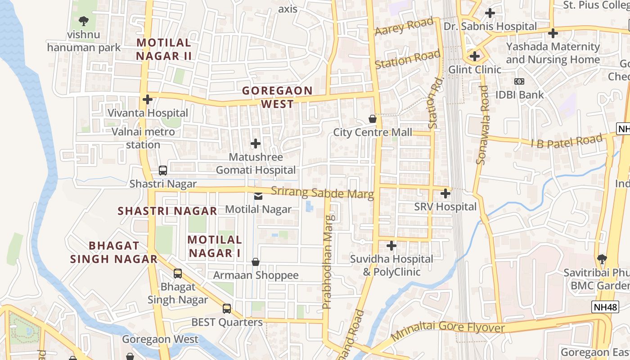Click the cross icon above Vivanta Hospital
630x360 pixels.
[x=147, y=99]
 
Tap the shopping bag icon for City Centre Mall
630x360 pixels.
[x=373, y=119]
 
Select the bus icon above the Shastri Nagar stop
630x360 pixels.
[x=163, y=171]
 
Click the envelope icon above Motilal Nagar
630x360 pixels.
[x=258, y=196]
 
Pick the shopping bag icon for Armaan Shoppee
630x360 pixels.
[x=256, y=262]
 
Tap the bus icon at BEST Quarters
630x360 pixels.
[x=227, y=309]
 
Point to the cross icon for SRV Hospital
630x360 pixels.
[x=445, y=193]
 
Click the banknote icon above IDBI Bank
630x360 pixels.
[x=519, y=81]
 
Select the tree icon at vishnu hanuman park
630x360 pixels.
[x=83, y=21]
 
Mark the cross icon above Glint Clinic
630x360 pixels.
[x=475, y=56]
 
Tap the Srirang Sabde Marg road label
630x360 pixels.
[x=322, y=193]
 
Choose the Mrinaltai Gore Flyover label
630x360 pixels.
[x=447, y=330]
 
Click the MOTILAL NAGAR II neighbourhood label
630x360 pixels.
[x=164, y=49]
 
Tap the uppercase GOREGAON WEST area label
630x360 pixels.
[x=277, y=97]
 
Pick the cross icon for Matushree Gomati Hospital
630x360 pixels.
[x=256, y=144]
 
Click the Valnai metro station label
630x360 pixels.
[x=143, y=138]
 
